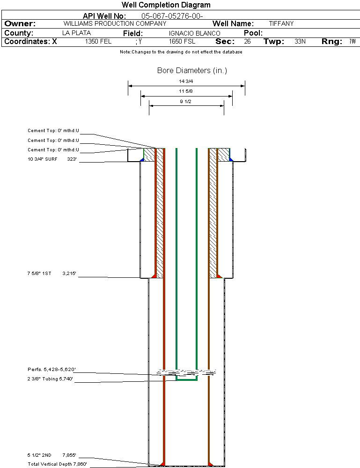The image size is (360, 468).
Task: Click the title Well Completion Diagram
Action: pyautogui.click(x=166, y=5)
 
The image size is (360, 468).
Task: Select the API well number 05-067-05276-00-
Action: pyautogui.click(x=172, y=16)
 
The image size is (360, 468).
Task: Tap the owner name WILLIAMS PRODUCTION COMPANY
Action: pyautogui.click(x=115, y=23)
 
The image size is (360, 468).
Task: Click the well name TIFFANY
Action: pyautogui.click(x=281, y=23)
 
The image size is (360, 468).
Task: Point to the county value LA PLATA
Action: pyautogui.click(x=76, y=33)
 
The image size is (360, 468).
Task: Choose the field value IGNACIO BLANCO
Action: pyautogui.click(x=194, y=34)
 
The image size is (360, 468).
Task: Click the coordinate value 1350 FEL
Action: pyautogui.click(x=98, y=42)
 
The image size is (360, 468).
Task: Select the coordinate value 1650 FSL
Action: pyautogui.click(x=182, y=42)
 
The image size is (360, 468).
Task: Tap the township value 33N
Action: pyautogui.click(x=300, y=42)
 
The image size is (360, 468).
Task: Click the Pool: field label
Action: pyautogui.click(x=253, y=33)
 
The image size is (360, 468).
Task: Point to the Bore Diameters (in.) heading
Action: pyautogui.click(x=192, y=71)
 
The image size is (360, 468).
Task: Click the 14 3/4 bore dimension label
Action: pyautogui.click(x=186, y=82)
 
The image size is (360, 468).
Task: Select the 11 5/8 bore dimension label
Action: pyautogui.click(x=186, y=91)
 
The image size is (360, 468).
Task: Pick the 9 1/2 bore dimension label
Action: pyautogui.click(x=186, y=101)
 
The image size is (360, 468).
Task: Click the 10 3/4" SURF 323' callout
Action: pyautogui.click(x=51, y=159)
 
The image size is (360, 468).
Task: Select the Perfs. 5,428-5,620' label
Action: pyautogui.click(x=51, y=370)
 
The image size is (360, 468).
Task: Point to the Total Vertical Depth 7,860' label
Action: pyautogui.click(x=57, y=464)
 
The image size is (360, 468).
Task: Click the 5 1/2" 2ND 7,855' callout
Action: pyautogui.click(x=51, y=455)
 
